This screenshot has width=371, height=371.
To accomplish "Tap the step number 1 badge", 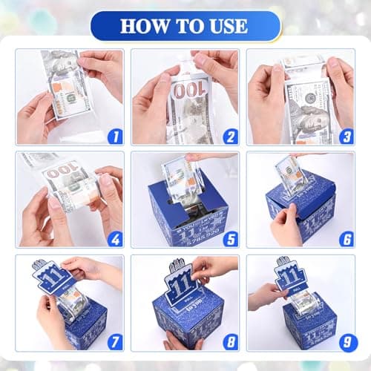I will (x=114, y=137).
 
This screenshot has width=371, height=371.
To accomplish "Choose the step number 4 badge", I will (x=114, y=240).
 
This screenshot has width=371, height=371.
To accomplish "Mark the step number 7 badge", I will (x=114, y=343).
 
